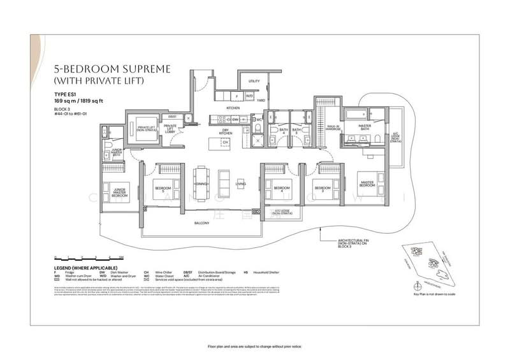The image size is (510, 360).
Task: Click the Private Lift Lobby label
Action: tap(170, 127)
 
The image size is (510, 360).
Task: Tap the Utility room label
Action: tap(254, 82)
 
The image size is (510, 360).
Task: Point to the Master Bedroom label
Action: tap(367, 184)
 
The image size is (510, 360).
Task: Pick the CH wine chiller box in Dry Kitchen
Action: tap(225, 141)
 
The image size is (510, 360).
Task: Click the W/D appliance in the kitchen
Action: tap(249, 97)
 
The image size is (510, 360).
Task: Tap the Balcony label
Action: tap(203, 224)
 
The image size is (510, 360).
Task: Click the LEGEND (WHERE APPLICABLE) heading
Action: tap(85, 267)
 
